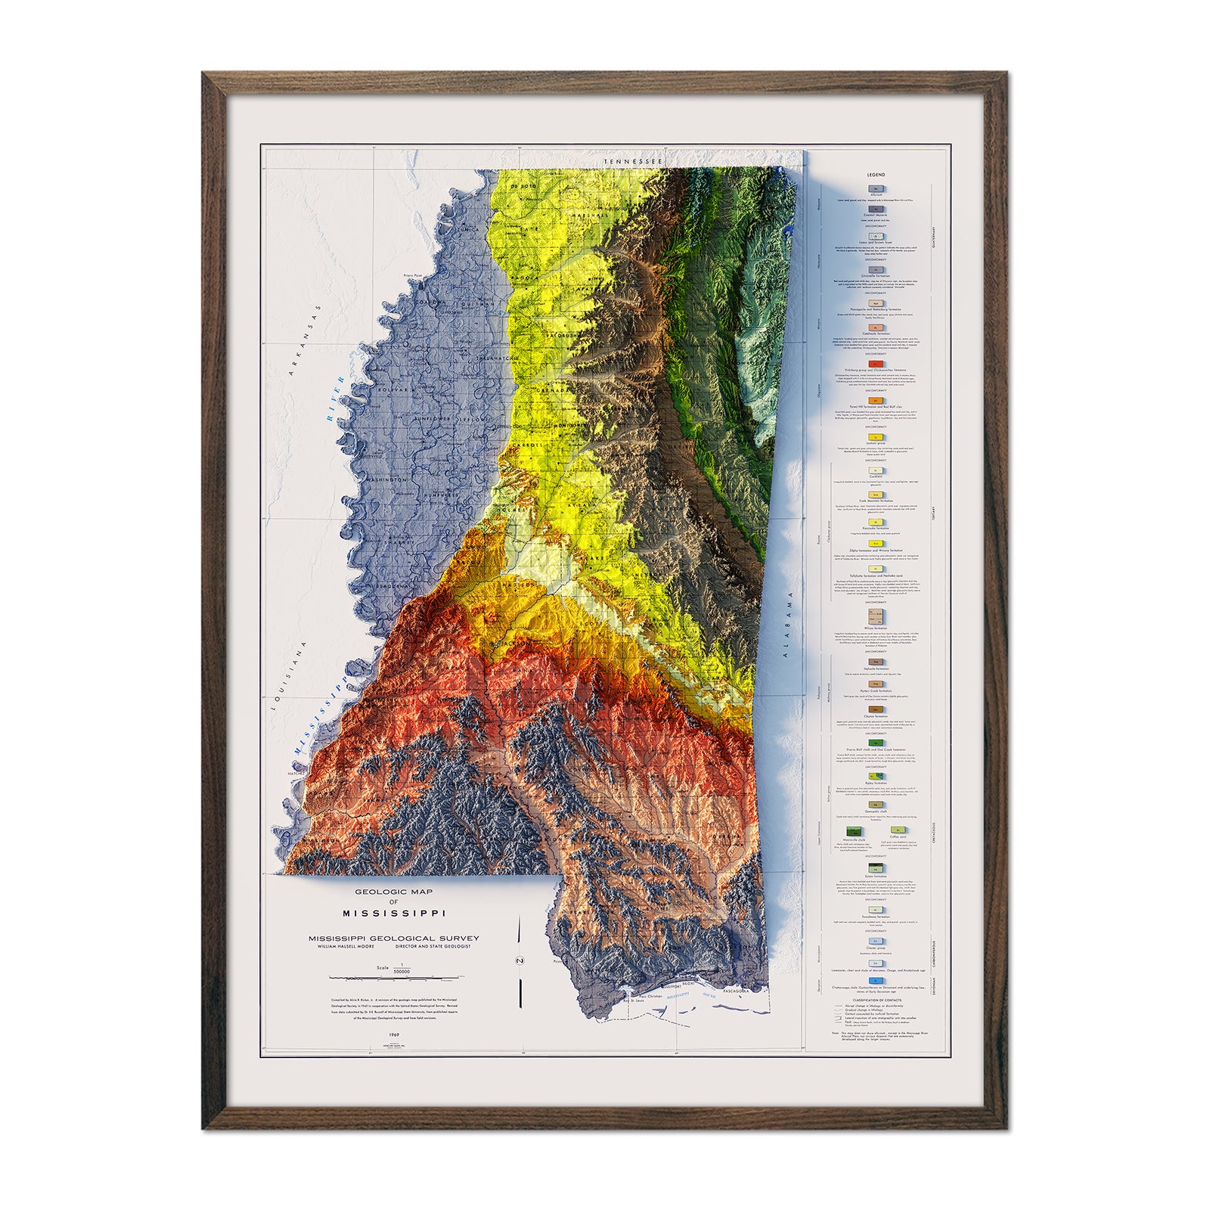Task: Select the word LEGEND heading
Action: click(877, 175)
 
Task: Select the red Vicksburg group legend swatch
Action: click(877, 364)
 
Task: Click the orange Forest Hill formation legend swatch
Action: click(877, 400)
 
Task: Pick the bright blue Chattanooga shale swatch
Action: click(877, 980)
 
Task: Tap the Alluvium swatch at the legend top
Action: click(877, 188)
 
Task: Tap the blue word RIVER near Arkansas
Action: click(330, 407)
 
